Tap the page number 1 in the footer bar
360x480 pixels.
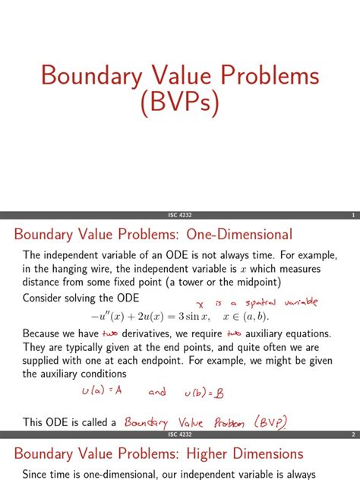(x=353, y=215)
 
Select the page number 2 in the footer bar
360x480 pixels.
(x=353, y=435)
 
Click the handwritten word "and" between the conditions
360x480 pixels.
(x=156, y=391)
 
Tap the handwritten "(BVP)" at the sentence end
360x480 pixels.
(x=275, y=422)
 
